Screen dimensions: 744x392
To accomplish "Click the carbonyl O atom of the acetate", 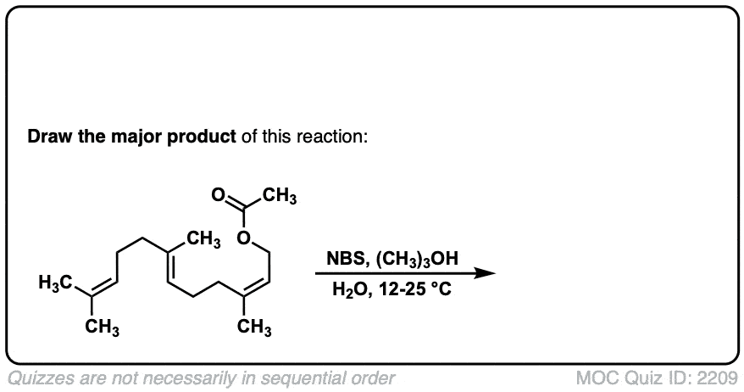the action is [218, 195].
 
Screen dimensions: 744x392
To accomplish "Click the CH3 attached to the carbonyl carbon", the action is [280, 196].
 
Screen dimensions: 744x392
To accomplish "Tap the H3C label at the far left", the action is [55, 283].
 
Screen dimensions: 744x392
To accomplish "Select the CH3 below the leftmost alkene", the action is [102, 328].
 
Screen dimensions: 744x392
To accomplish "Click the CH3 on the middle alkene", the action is [203, 239].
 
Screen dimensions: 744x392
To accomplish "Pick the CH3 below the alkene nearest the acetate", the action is [255, 328].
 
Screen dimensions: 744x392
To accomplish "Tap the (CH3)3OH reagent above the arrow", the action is [418, 260].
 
